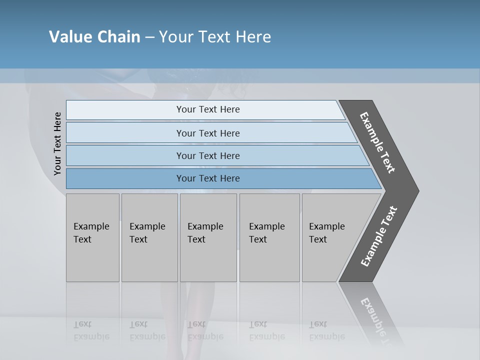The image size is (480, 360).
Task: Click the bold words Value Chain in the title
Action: point(94,37)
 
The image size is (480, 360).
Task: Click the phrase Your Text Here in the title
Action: point(215,37)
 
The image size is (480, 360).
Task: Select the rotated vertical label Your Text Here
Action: point(57,144)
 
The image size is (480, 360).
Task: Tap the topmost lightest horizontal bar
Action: point(125,110)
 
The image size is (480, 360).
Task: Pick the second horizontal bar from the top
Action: point(125,133)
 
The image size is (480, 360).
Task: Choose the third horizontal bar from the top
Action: point(125,155)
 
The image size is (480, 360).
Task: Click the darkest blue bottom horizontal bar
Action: point(125,178)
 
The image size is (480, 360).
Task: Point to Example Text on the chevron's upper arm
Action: point(377,142)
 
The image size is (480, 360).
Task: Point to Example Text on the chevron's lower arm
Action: point(379,236)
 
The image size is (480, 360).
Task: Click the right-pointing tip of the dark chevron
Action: point(415,190)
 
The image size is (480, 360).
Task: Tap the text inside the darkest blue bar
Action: point(208,178)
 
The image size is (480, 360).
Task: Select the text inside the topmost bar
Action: point(208,109)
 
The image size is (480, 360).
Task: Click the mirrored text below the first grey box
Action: point(91,330)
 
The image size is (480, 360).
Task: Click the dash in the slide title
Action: point(149,37)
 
